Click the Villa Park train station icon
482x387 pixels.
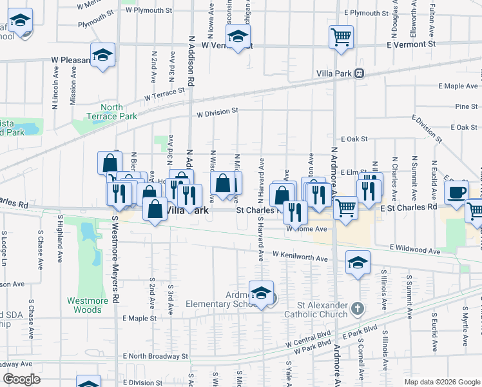coord(360,73)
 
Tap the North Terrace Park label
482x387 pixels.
coord(111,112)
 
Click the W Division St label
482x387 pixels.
coord(218,113)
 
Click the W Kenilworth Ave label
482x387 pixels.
coord(300,258)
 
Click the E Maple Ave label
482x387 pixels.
coord(458,86)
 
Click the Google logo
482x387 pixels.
coord(21,379)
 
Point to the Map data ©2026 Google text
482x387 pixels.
coord(441,382)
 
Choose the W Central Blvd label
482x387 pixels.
coord(307,340)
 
